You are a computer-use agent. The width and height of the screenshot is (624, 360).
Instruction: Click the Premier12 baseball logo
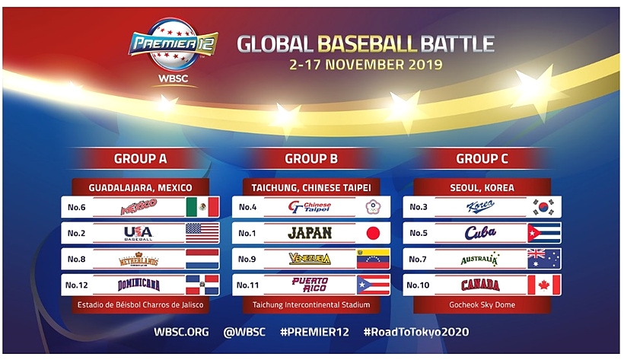(173, 44)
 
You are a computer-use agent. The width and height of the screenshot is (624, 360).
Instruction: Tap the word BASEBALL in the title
(367, 44)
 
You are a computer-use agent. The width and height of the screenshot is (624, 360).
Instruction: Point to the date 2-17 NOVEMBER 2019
(366, 65)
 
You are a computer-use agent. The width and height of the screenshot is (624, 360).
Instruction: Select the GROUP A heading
(140, 159)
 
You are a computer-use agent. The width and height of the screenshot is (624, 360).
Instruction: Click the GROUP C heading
(482, 159)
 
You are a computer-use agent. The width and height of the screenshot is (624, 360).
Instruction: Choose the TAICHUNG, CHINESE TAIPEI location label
(311, 187)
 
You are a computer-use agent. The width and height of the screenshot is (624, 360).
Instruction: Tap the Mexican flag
(202, 207)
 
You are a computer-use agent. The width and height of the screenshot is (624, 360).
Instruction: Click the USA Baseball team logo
(138, 234)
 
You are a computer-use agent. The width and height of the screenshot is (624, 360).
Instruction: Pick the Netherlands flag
(202, 260)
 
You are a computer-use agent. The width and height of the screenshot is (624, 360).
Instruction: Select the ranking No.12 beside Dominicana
(76, 285)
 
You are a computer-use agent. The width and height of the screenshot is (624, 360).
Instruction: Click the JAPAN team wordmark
(310, 233)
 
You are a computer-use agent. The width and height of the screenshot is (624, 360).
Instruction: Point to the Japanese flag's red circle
(373, 234)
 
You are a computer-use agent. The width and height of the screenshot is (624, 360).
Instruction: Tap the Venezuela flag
(374, 260)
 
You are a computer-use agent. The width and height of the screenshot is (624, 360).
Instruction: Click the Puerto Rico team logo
(310, 285)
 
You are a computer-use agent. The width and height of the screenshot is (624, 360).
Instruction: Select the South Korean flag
(544, 207)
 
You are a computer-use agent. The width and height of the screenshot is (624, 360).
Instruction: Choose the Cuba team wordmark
(480, 233)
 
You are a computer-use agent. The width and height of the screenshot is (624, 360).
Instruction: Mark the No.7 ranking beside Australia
(418, 260)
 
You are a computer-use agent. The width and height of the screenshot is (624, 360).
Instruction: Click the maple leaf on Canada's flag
(544, 285)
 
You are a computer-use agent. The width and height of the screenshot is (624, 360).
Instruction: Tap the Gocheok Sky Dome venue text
(482, 304)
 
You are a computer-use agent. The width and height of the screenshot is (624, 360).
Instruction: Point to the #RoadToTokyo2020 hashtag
(416, 332)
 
